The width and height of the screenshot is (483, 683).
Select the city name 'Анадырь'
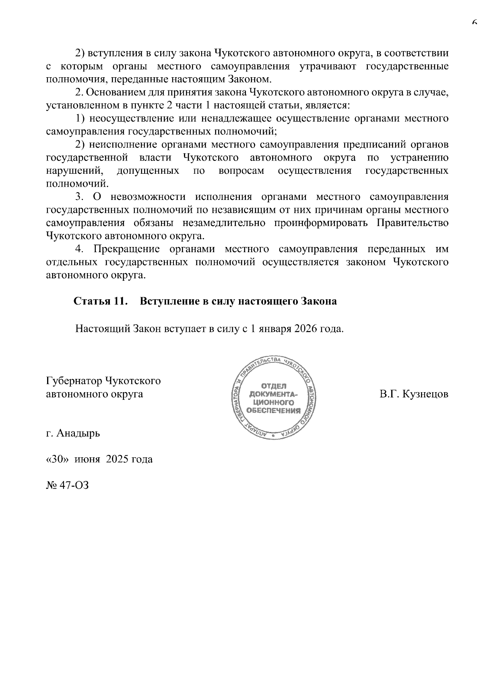(x=78, y=433)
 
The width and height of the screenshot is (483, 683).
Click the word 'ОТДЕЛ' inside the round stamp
(x=274, y=386)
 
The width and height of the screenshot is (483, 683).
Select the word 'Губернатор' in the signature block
(x=74, y=381)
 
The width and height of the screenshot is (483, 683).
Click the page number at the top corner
(x=475, y=23)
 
